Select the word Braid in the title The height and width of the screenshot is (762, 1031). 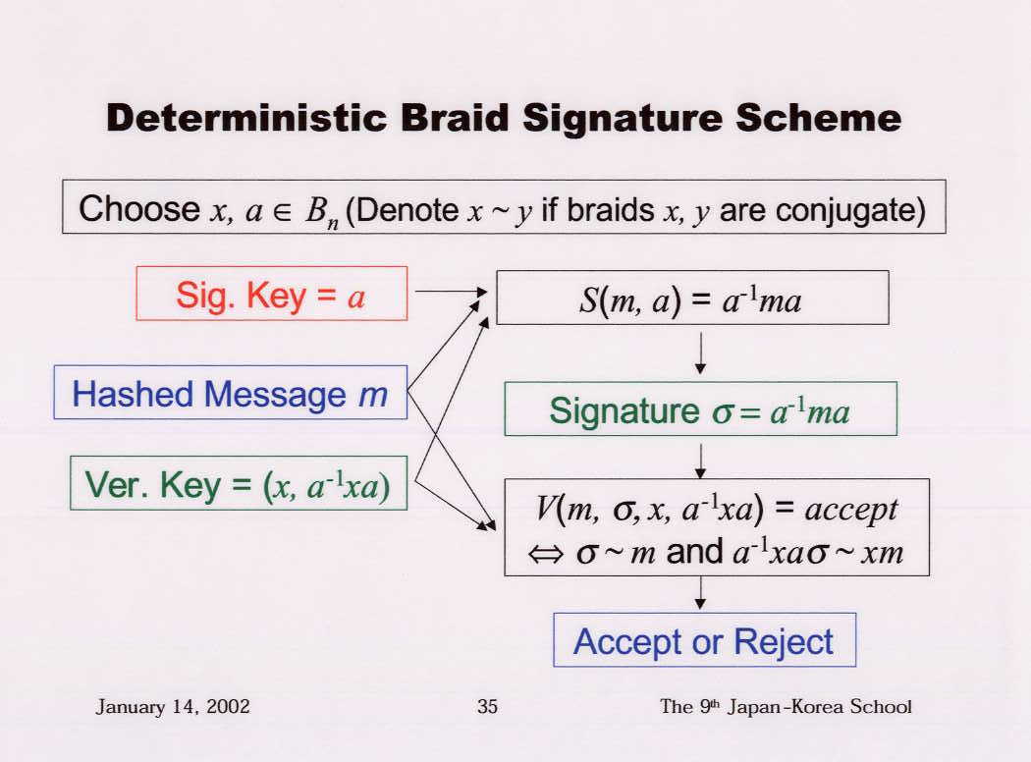coord(455,119)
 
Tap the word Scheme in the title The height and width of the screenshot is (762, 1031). coord(818,119)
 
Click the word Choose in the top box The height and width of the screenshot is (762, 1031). coord(138,209)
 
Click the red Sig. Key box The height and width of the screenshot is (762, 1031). coord(272,294)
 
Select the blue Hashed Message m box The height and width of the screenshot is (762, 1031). coord(231,393)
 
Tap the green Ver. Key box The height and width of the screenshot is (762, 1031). coord(239,483)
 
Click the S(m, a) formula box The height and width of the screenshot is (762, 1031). coord(692,298)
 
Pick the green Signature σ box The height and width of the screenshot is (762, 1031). coord(700,408)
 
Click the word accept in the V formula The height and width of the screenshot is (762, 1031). coord(851,510)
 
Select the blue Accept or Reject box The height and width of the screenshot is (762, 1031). coord(705,639)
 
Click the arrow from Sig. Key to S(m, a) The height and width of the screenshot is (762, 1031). coord(451,292)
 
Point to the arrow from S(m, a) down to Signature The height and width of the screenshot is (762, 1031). coord(701,354)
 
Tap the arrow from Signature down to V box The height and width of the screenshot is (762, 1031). coord(701,461)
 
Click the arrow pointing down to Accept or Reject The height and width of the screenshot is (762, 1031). coord(701,593)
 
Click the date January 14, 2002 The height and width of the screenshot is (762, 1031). coord(173,707)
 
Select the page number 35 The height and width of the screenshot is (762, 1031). coord(487,707)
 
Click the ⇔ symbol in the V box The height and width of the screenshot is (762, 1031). coord(546,554)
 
